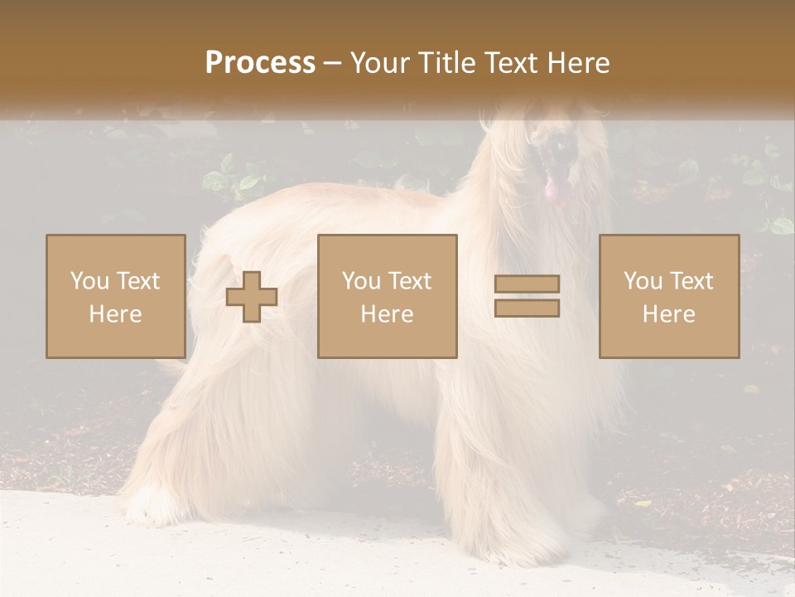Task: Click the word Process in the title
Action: point(260,63)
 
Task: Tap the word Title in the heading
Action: point(446,63)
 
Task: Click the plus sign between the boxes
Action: point(252,297)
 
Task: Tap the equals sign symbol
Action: point(527,296)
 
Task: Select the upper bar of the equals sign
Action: point(527,284)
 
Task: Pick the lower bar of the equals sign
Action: point(527,308)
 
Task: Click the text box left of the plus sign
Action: point(116,297)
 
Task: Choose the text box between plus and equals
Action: point(388,297)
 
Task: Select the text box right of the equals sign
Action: point(669,297)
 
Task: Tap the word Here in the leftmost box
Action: point(116,314)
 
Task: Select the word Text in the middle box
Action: point(410,281)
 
